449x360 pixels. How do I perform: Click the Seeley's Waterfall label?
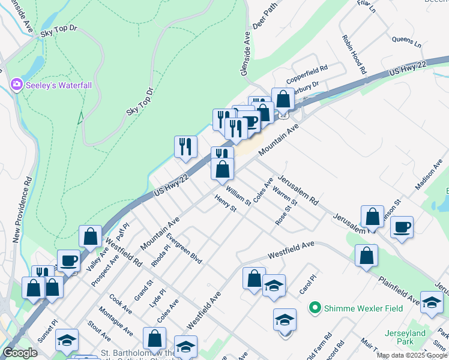tap(59, 85)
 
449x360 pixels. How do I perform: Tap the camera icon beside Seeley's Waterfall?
tap(16, 85)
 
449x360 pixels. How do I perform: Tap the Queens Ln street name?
tap(407, 43)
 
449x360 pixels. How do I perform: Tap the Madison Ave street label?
tap(428, 176)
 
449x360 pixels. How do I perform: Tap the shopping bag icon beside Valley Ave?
tap(90, 236)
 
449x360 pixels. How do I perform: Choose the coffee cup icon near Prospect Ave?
tap(68, 261)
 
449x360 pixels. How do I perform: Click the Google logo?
tap(20, 353)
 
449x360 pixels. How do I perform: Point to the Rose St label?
tap(286, 213)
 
